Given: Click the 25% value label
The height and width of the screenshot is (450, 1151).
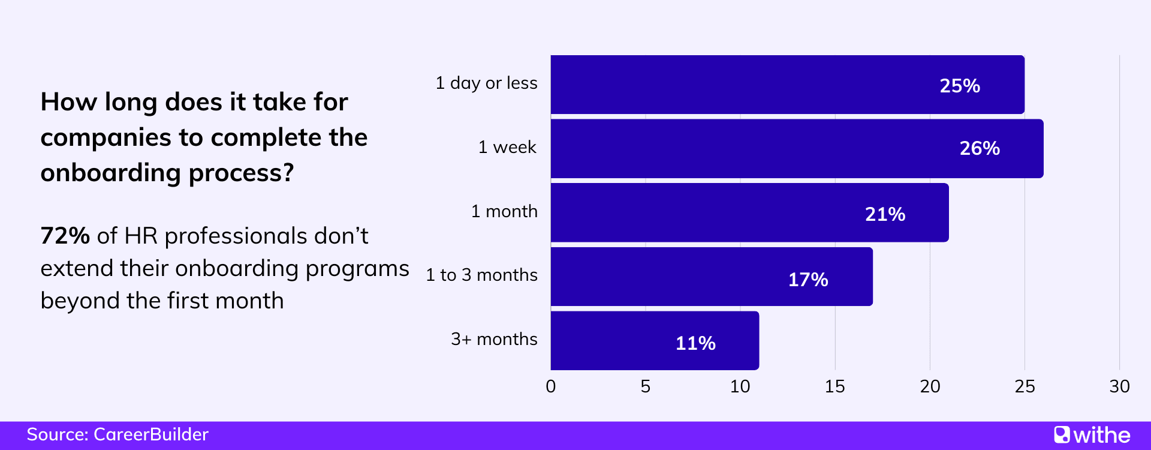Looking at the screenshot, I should pyautogui.click(x=960, y=86).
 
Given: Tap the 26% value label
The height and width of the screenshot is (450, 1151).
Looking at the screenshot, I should pyautogui.click(x=980, y=148).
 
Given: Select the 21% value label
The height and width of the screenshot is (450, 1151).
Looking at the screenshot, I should pyautogui.click(x=885, y=214).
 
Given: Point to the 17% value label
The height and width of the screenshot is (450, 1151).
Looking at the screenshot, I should pyautogui.click(x=808, y=280).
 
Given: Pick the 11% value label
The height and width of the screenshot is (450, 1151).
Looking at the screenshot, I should pyautogui.click(x=695, y=343).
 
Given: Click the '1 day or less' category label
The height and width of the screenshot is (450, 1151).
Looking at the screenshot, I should pyautogui.click(x=486, y=83).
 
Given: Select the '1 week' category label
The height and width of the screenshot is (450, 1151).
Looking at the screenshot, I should pyautogui.click(x=507, y=147).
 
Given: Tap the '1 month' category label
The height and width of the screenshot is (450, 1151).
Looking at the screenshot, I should pyautogui.click(x=504, y=211).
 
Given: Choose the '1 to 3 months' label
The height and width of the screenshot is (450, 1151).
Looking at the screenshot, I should pyautogui.click(x=481, y=275).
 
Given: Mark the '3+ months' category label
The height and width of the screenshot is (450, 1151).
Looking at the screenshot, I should pyautogui.click(x=494, y=339).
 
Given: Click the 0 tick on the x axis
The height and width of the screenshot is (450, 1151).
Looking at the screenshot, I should pyautogui.click(x=550, y=386).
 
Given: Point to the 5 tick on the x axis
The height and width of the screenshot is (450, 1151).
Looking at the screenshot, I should pyautogui.click(x=645, y=386).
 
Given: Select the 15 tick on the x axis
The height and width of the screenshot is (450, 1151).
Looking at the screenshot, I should pyautogui.click(x=834, y=386).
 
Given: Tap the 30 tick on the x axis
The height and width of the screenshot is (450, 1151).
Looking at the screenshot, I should pyautogui.click(x=1119, y=386).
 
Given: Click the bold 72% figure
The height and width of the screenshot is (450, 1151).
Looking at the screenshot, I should pyautogui.click(x=65, y=236).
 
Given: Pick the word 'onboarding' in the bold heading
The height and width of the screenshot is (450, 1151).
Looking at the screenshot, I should pyautogui.click(x=110, y=173).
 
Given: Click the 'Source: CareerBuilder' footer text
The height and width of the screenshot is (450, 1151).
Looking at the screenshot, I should pyautogui.click(x=117, y=434).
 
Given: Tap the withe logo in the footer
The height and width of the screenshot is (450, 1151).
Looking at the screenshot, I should pyautogui.click(x=1092, y=435).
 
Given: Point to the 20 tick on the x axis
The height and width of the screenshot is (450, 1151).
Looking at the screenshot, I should pyautogui.click(x=930, y=386).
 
